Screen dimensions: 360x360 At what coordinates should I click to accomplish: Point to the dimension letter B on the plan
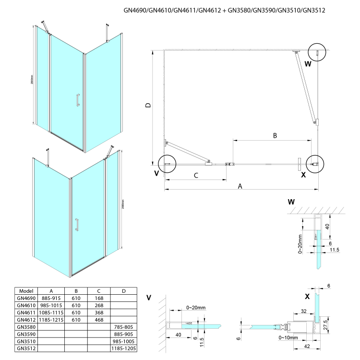[x=275, y=136]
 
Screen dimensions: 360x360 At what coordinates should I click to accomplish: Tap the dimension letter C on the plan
[x=196, y=176]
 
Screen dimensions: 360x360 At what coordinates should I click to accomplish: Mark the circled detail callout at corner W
[x=316, y=51]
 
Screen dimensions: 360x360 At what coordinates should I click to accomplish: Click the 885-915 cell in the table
[x=51, y=298]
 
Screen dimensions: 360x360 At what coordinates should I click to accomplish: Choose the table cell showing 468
[x=99, y=319]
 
